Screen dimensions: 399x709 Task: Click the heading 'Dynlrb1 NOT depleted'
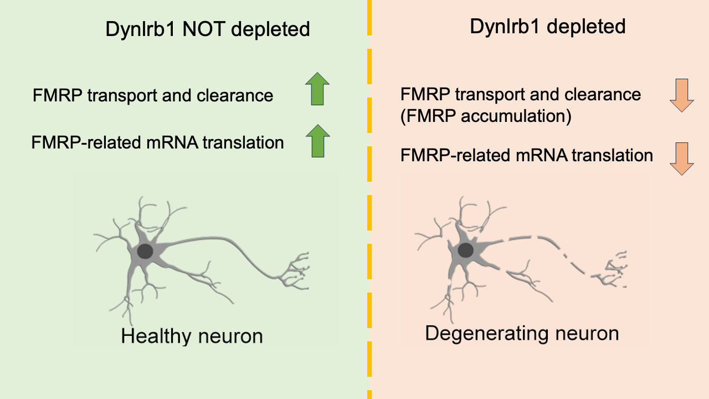point(208,29)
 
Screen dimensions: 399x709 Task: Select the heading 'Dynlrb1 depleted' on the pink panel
point(548,26)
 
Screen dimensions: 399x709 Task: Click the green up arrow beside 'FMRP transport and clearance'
point(317,89)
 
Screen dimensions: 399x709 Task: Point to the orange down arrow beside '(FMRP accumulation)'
point(682,95)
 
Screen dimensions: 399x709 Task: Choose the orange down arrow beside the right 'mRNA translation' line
point(682,158)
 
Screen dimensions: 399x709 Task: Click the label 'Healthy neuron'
point(192,336)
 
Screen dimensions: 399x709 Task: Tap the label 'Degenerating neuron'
point(522,334)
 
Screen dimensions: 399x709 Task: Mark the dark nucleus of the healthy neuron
point(145,252)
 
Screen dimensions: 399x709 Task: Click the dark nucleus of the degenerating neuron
point(465,251)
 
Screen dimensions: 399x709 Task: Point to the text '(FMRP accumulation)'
point(486,116)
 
